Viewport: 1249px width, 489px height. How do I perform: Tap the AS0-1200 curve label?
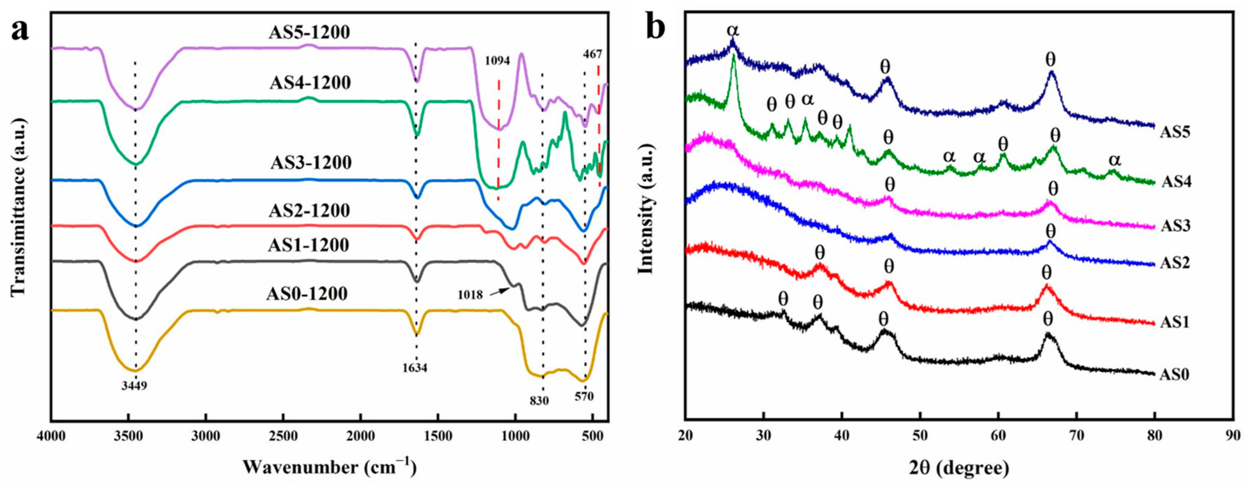coord(307,294)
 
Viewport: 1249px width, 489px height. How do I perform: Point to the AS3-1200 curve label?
coord(310,162)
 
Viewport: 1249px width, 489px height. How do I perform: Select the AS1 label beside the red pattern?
coord(1174,322)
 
